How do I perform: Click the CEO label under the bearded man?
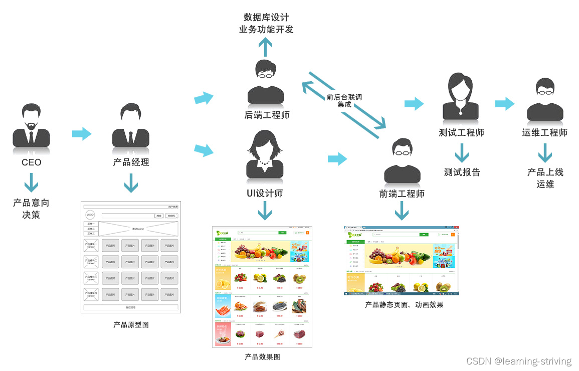[31, 162]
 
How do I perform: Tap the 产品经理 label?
[131, 162]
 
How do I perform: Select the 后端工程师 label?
[267, 115]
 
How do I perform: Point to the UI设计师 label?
[265, 193]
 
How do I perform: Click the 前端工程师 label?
[402, 194]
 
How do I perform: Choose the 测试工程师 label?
[462, 133]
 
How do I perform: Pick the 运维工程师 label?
[545, 133]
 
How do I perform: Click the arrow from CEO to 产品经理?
[82, 134]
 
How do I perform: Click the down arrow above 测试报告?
[462, 153]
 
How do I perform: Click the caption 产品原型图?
[131, 325]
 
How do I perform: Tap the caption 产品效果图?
[262, 357]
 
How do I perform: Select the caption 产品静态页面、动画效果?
[404, 304]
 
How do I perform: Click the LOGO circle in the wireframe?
[90, 215]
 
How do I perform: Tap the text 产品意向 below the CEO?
[31, 203]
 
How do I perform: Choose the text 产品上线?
[545, 172]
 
